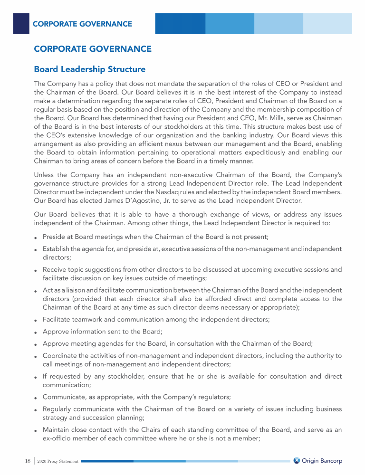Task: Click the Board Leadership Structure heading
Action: click(x=89, y=69)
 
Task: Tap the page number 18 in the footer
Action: click(x=28, y=461)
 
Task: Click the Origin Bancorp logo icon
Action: click(x=297, y=461)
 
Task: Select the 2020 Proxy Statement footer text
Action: click(x=58, y=461)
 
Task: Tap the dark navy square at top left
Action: click(x=21, y=23)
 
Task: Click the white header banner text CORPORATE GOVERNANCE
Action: click(x=82, y=24)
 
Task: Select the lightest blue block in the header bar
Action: click(x=327, y=23)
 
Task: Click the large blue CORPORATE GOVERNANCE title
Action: click(x=93, y=49)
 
